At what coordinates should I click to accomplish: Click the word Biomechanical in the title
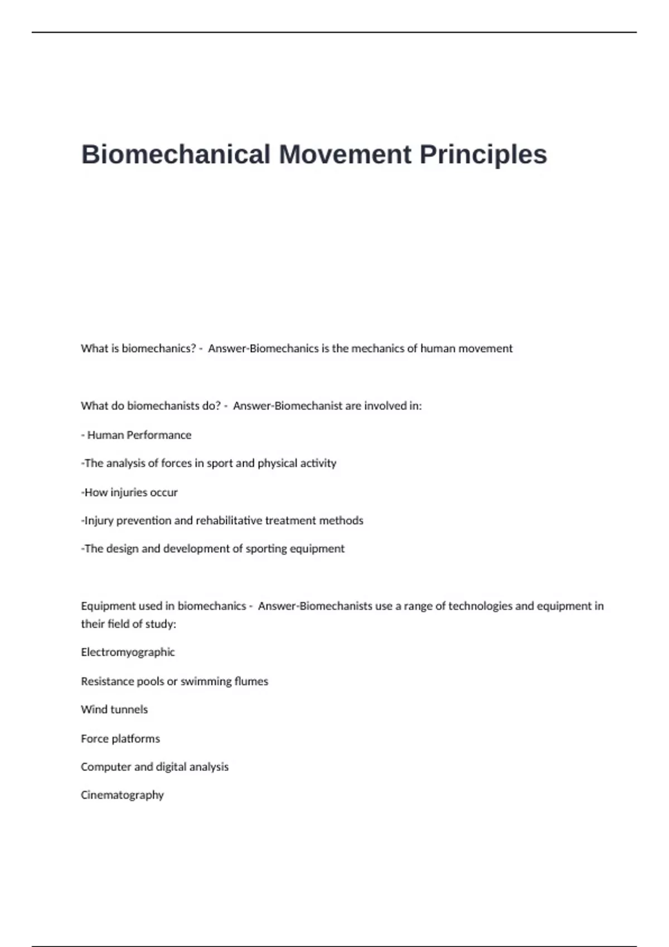(176, 154)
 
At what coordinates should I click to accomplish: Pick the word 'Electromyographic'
(128, 652)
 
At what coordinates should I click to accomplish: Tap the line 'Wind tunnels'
(114, 709)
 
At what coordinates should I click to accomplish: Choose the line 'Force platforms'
(120, 739)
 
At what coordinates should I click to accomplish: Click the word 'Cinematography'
(122, 795)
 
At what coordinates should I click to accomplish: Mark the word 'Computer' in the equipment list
(106, 767)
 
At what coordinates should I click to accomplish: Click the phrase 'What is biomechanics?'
(138, 349)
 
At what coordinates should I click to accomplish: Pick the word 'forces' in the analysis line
(176, 463)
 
